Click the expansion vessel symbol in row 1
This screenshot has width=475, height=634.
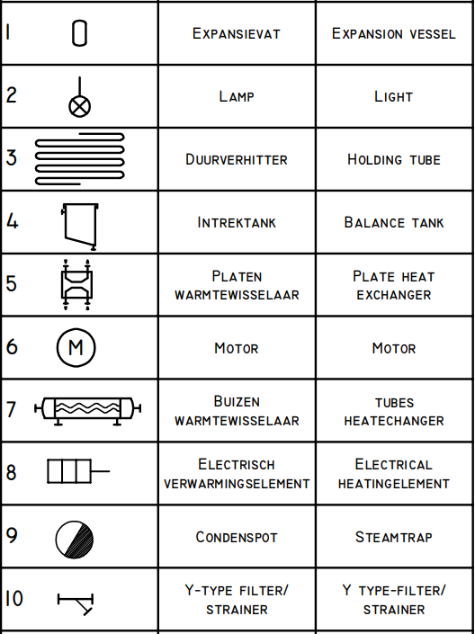79,33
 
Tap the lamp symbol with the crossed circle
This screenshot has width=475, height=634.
79,107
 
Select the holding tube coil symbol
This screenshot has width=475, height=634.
80,158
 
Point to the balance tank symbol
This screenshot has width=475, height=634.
80,227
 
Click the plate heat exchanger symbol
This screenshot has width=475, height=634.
76,285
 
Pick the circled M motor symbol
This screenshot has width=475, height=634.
76,347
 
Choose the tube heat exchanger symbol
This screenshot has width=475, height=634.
88,411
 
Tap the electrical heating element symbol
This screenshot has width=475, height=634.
78,471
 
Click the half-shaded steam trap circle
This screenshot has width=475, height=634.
75,540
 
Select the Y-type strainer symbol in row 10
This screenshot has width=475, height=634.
76,603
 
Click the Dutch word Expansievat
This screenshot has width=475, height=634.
237,33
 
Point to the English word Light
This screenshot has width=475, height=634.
393,96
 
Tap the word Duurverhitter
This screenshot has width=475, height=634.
237,159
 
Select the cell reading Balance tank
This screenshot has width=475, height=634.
394,222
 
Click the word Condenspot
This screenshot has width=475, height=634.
237,537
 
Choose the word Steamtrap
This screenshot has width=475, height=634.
394,537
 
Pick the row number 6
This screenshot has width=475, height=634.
12,347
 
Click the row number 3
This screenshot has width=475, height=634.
12,158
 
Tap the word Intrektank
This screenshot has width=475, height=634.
237,222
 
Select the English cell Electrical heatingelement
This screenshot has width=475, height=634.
394,474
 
